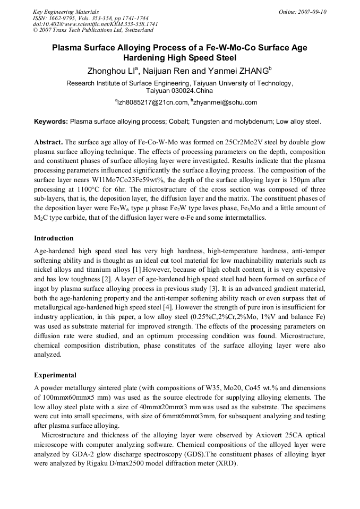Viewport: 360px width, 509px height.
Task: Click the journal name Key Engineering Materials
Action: click(65, 12)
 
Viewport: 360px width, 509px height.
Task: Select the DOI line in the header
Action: click(95, 24)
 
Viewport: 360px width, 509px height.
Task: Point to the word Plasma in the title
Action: click(66, 48)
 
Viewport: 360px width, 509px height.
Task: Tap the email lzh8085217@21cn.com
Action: click(152, 102)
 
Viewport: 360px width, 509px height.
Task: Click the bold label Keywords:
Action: click(50, 122)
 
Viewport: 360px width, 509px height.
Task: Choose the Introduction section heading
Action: click(54, 238)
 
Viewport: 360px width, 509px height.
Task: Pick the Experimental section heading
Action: click(55, 375)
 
